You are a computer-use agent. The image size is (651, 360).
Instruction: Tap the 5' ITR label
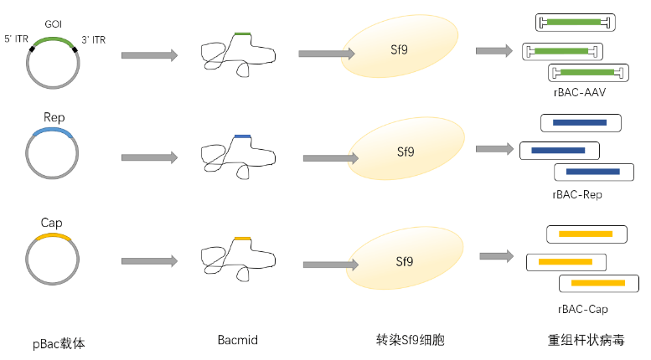coord(18,39)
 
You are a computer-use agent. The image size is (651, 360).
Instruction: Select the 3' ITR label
coord(93,39)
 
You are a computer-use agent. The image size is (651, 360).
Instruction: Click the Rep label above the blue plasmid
coord(54,118)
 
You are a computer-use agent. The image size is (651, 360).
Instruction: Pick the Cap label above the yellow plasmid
coord(52,224)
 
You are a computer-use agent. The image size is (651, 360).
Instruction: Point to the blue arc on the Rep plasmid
coord(53,131)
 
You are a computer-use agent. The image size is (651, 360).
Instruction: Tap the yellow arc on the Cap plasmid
coord(52,237)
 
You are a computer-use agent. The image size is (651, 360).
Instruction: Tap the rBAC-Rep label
coord(577,194)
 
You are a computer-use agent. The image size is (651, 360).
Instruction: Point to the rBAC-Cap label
coord(581,309)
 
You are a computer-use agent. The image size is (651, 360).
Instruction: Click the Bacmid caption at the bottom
coord(237,341)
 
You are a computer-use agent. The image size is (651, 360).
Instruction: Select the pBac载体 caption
coord(59,342)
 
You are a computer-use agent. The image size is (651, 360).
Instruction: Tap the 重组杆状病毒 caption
coord(585,342)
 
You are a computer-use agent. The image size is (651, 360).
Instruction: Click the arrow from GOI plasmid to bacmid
coord(149,55)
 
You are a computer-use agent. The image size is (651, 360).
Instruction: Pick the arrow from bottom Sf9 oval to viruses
coord(497,256)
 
